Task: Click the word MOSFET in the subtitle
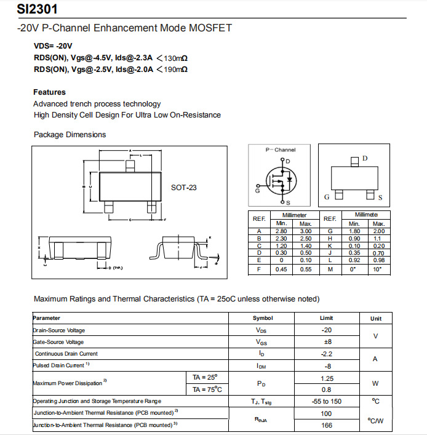(x=211, y=28)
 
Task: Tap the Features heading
(x=49, y=92)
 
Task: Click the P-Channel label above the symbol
(x=280, y=150)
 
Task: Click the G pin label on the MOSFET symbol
(x=257, y=191)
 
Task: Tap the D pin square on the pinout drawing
(x=354, y=161)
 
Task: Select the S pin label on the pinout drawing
(x=380, y=198)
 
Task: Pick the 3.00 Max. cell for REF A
(x=306, y=231)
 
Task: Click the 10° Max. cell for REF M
(x=378, y=269)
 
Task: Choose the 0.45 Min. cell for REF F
(x=282, y=269)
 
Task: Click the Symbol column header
(x=263, y=318)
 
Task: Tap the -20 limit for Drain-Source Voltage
(x=326, y=330)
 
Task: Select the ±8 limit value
(x=326, y=342)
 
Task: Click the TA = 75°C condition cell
(x=207, y=389)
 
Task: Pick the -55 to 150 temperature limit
(x=327, y=401)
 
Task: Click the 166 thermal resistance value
(x=327, y=425)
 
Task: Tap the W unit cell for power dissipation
(x=375, y=383)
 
